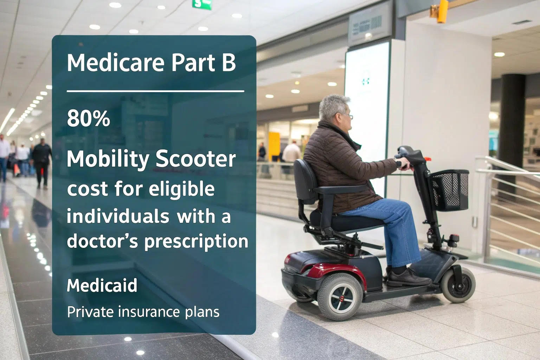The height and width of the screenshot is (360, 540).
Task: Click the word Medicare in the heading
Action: point(115,63)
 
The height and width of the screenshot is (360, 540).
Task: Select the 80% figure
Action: point(89,118)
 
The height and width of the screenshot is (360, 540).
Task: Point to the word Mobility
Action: point(108,160)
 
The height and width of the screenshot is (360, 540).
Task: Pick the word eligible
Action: point(181,189)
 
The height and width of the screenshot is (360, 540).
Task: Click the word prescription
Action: point(196,242)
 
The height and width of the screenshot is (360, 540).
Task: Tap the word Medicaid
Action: point(102,285)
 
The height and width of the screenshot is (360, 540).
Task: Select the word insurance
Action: point(149,312)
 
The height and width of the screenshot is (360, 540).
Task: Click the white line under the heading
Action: point(155,91)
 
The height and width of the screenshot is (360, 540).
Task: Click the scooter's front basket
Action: point(449,190)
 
